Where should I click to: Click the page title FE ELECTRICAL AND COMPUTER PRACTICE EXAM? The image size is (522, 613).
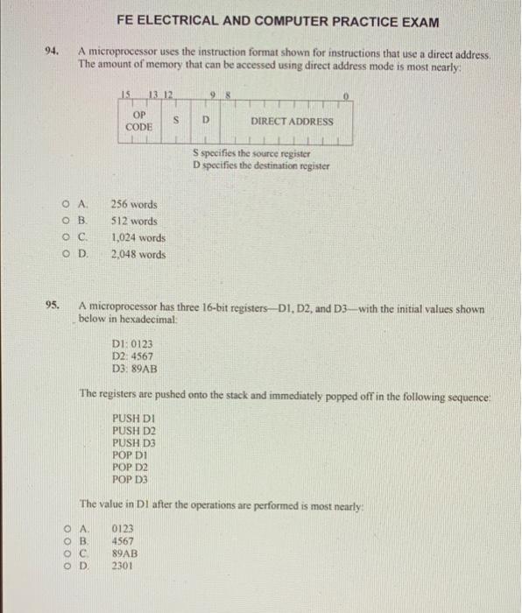276,21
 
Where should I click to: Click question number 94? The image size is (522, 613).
52,53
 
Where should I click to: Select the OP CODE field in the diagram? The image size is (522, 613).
139,121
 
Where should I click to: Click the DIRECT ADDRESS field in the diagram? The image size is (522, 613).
291,121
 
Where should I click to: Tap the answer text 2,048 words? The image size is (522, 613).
138,255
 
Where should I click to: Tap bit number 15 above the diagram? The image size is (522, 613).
127,94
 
